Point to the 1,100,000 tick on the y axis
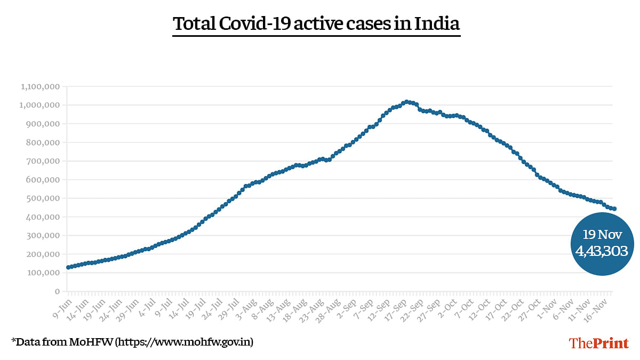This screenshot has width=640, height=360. click(x=41, y=86)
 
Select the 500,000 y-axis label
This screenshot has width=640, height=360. click(x=43, y=198)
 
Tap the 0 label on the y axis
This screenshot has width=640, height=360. click(x=56, y=292)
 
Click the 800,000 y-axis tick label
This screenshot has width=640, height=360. click(x=43, y=142)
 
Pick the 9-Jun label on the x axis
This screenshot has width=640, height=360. click(x=61, y=305)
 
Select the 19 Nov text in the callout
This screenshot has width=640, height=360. click(x=602, y=235)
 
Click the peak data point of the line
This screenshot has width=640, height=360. click(x=406, y=101)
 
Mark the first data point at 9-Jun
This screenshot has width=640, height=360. click(x=68, y=267)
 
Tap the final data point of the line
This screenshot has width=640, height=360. click(x=614, y=209)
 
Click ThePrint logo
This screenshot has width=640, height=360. click(x=599, y=343)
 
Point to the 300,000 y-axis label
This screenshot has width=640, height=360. click(x=43, y=236)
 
